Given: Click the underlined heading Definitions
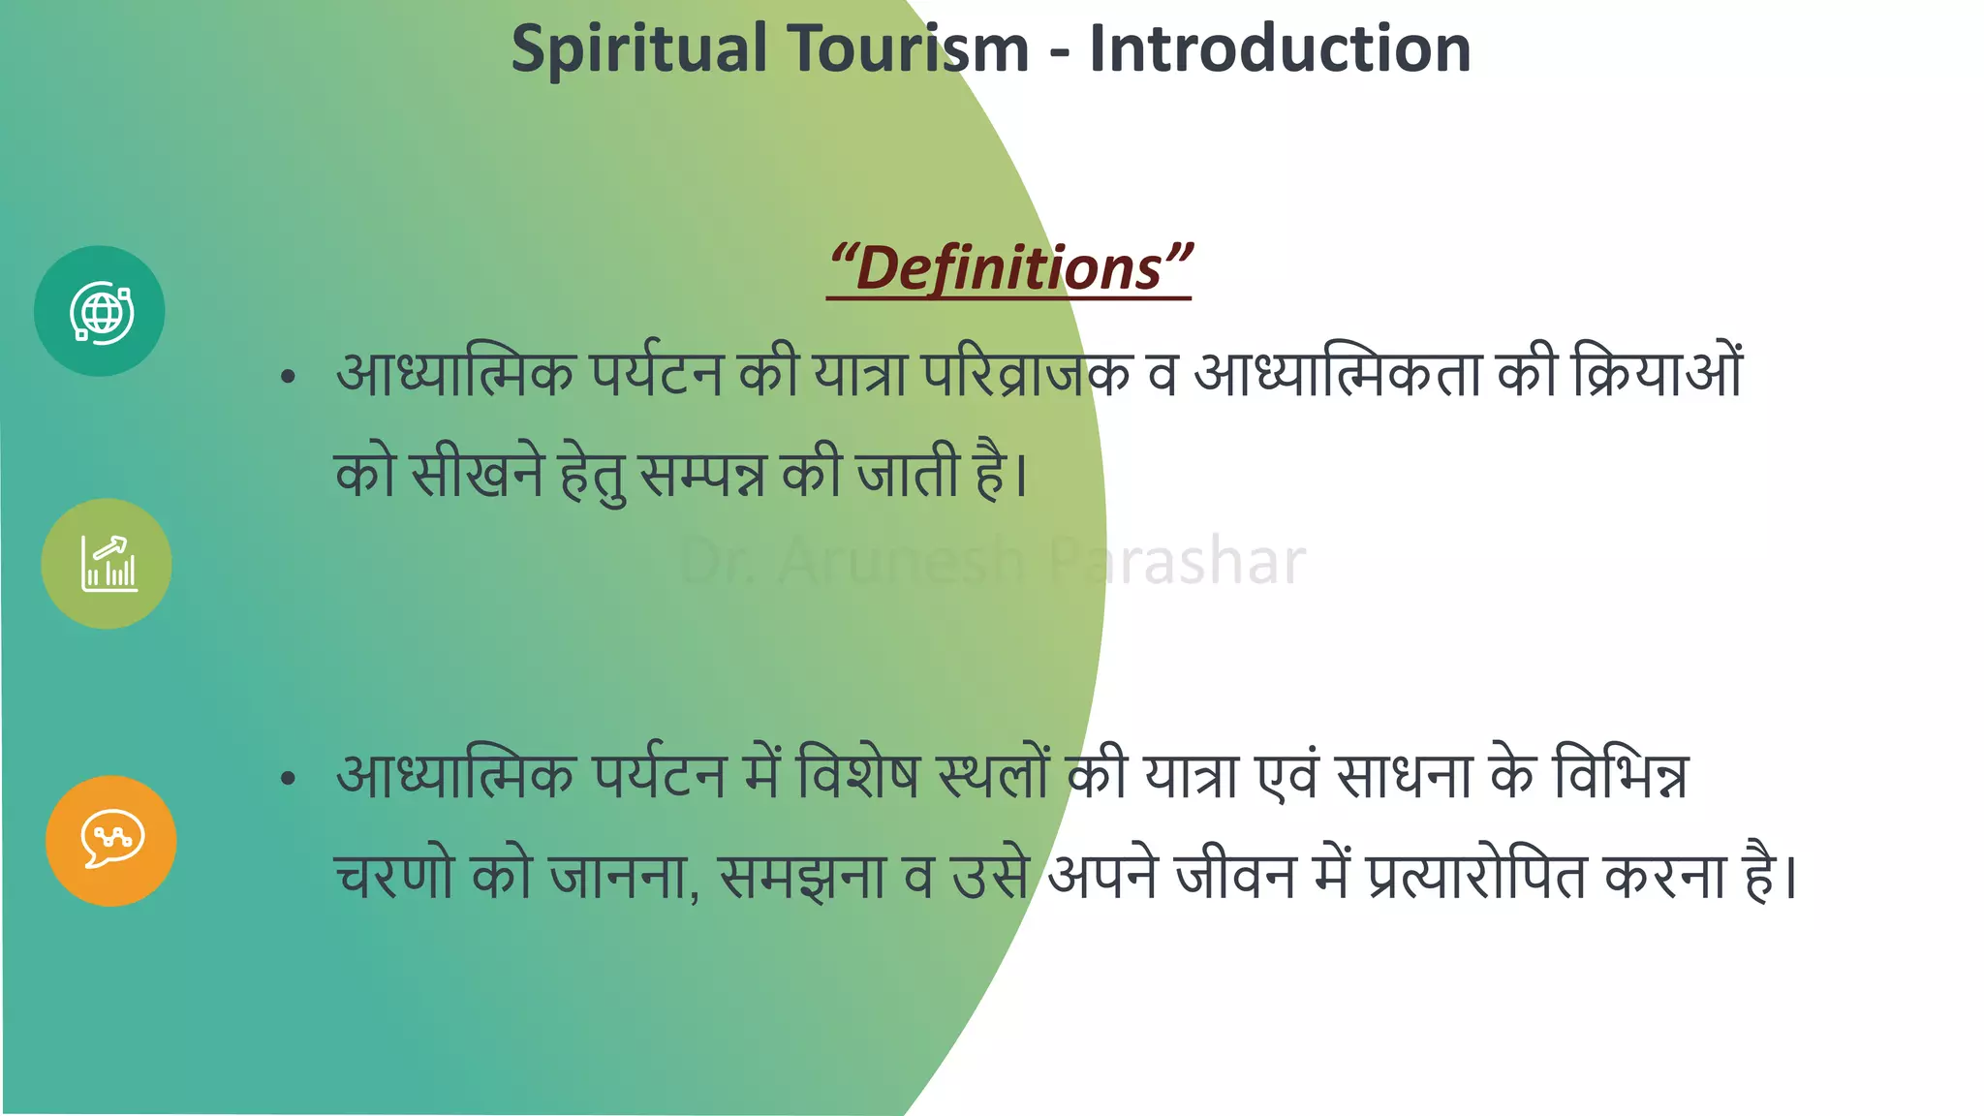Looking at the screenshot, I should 1009,268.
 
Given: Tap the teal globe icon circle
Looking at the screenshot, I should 100,311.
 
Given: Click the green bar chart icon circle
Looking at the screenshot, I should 107,564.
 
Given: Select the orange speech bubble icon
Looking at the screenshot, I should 111,840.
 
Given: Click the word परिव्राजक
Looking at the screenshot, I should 1026,373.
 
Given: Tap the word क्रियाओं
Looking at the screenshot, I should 1657,373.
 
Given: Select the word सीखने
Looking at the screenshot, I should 477,475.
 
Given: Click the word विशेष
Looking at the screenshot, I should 857,775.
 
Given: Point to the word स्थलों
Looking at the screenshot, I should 994,775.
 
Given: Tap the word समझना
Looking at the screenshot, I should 803,877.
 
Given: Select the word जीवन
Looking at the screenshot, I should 1235,877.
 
